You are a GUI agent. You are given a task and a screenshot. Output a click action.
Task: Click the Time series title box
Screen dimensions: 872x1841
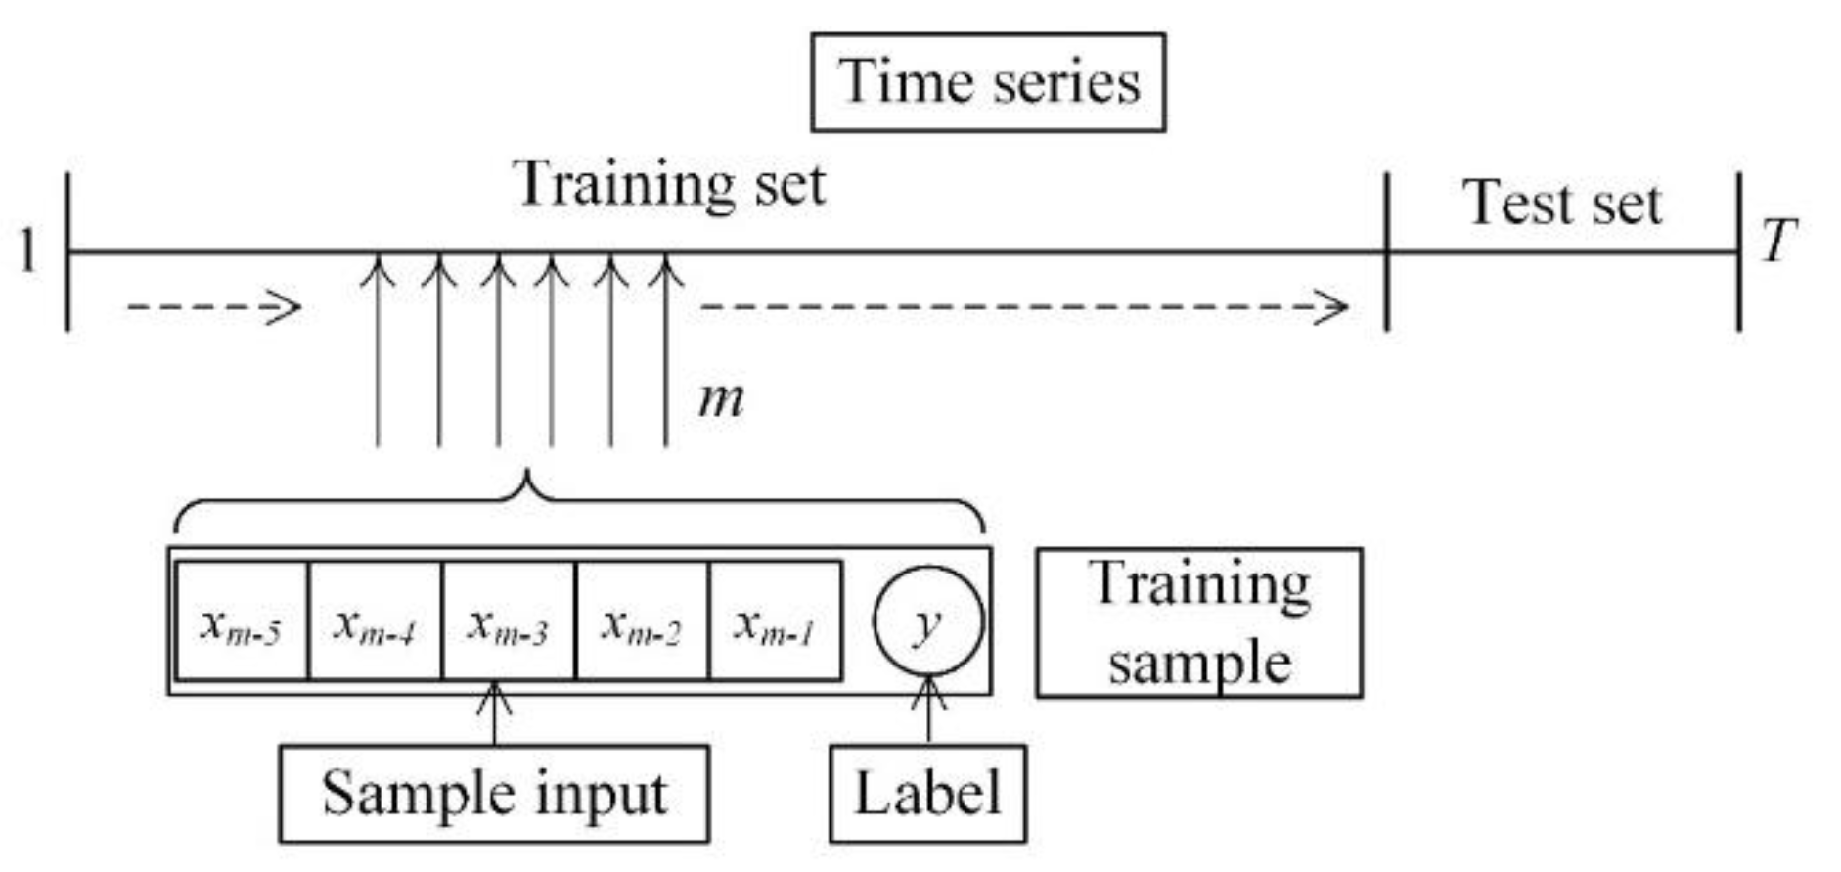pos(988,82)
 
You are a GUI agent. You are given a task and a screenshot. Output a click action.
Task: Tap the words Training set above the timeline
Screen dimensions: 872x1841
pos(669,184)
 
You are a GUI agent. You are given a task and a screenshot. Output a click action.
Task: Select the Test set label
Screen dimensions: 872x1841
pos(1561,204)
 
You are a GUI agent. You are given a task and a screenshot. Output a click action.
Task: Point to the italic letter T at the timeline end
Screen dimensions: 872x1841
pos(1778,241)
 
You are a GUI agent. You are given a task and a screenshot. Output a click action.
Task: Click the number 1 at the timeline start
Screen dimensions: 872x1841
pos(28,252)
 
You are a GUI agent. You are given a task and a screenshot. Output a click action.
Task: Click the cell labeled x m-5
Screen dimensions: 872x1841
pos(242,621)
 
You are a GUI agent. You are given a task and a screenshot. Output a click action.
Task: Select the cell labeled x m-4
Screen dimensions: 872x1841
pos(375,621)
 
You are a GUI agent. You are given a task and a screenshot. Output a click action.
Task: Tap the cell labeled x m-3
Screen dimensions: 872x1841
pos(509,621)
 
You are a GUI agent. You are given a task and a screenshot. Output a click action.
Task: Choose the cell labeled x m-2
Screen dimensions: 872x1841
pos(642,621)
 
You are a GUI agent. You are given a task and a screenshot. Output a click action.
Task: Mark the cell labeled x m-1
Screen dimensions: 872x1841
pos(775,621)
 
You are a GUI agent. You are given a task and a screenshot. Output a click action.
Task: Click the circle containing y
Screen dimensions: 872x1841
pos(927,621)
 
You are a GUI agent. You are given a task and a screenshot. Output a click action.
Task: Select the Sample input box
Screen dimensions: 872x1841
pos(494,794)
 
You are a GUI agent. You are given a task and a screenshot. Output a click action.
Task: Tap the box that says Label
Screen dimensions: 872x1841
pos(927,794)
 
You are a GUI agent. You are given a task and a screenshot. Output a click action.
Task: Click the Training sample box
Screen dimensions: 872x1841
pos(1199,623)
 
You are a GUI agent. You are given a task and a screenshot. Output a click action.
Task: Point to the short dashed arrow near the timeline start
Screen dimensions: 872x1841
pos(213,308)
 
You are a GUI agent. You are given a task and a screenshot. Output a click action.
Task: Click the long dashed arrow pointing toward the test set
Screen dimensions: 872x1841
pos(1023,308)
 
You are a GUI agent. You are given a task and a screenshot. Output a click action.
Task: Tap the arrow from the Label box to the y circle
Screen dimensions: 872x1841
pos(928,712)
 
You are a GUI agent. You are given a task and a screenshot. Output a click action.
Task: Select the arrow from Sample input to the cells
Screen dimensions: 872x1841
pos(494,714)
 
